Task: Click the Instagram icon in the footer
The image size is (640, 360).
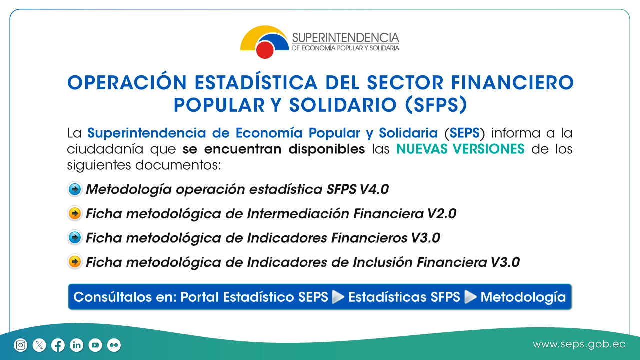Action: tap(21, 345)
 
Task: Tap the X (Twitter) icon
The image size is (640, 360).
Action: tap(39, 345)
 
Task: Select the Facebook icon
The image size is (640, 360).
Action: tap(58, 345)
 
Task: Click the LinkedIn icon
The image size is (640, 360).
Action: tap(76, 345)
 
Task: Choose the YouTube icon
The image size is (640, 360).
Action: tap(95, 345)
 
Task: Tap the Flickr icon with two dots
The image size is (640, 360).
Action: tap(114, 345)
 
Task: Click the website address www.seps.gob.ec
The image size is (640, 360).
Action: tap(579, 345)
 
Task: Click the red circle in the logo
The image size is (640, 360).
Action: tap(265, 50)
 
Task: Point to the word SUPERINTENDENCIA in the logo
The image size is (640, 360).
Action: tap(345, 38)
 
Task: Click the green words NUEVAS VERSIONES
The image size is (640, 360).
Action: tap(460, 149)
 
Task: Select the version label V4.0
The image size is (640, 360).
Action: tap(374, 189)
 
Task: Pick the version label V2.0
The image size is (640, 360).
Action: tap(442, 213)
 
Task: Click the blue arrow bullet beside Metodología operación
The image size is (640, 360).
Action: tap(75, 189)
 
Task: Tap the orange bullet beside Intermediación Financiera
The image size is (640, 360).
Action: tap(75, 213)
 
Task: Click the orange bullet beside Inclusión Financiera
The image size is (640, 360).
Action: tap(75, 262)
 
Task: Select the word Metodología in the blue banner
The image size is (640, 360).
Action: tap(523, 297)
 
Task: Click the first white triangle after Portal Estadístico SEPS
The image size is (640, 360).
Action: tap(338, 297)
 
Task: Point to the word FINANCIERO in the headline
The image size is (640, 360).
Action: tap(512, 83)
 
